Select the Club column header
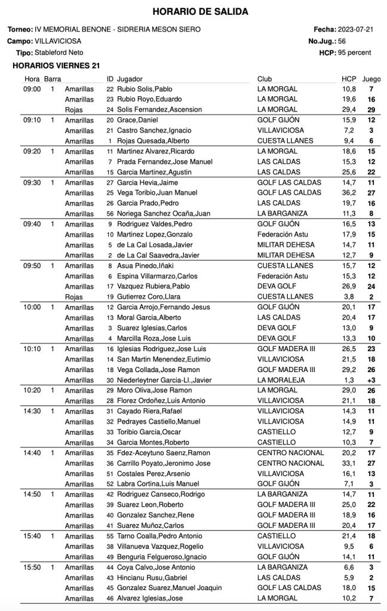(265, 78)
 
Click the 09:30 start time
(32, 182)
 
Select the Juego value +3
(371, 380)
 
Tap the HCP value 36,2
(349, 193)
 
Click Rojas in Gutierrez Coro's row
(73, 296)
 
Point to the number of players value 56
(342, 41)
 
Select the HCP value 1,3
(351, 380)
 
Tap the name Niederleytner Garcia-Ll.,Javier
(164, 380)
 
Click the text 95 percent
(354, 53)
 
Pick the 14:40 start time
(32, 453)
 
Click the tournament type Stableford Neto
(57, 53)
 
